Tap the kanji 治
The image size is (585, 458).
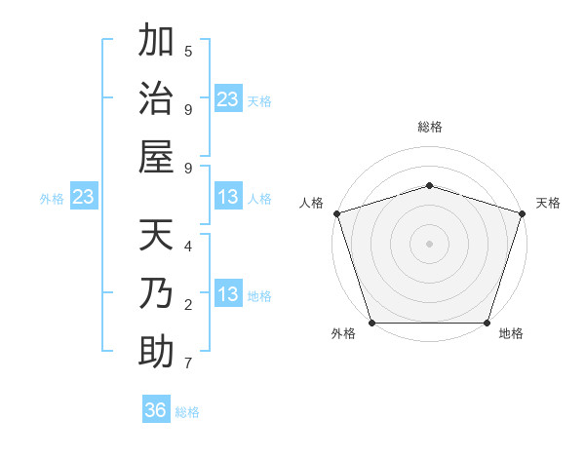157,99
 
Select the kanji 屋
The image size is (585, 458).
157,157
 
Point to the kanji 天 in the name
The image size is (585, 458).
157,236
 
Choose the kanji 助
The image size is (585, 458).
157,352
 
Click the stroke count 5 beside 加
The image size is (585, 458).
188,51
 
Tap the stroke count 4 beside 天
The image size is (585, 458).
188,246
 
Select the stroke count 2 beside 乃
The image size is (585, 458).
188,305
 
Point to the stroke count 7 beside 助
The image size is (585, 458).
188,363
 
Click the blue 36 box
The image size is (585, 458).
156,410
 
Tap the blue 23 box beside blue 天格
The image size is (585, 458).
228,99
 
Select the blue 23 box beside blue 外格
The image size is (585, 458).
83,198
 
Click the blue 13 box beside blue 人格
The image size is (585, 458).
228,198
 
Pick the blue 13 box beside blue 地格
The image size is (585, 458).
228,295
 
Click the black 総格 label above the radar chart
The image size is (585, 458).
429,127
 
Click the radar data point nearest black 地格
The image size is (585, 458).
487,323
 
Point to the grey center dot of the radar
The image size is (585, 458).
429,244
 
